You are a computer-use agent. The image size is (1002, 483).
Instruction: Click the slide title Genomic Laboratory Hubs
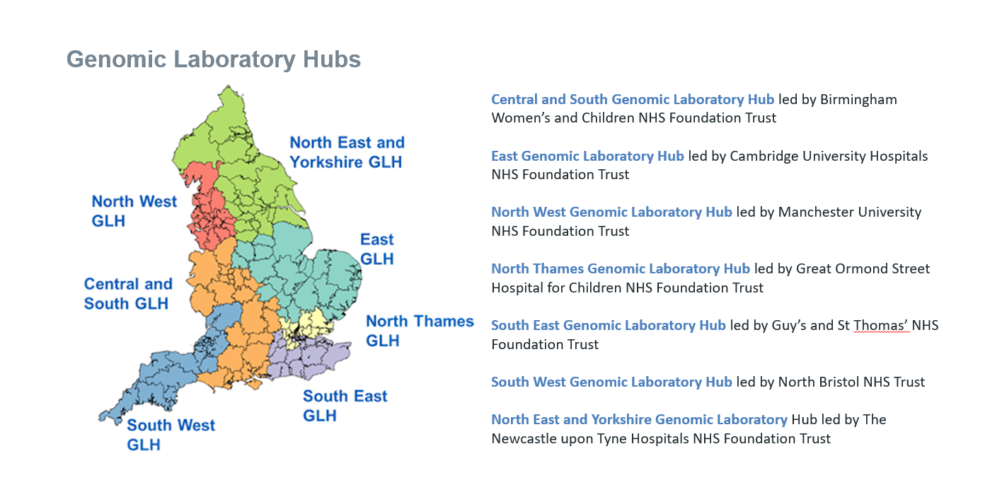214,59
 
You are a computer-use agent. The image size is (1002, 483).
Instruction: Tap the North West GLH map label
134,211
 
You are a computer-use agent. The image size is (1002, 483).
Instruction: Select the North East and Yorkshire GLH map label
347,152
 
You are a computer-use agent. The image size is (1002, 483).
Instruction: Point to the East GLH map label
376,249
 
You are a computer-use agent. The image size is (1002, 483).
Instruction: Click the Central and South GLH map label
128,293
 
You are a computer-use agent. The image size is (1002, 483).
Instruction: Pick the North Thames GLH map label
419,331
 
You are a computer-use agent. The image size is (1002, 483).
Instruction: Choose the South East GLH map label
345,406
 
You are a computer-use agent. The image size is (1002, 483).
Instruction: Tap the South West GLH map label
171,435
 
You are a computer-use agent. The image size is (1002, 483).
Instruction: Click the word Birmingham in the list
858,99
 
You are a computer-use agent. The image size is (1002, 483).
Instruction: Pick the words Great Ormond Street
863,268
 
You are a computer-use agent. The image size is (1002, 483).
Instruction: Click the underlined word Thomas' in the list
881,325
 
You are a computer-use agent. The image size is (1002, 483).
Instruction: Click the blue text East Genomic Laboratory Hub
587,156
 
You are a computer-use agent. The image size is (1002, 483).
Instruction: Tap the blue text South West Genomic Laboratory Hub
611,382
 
